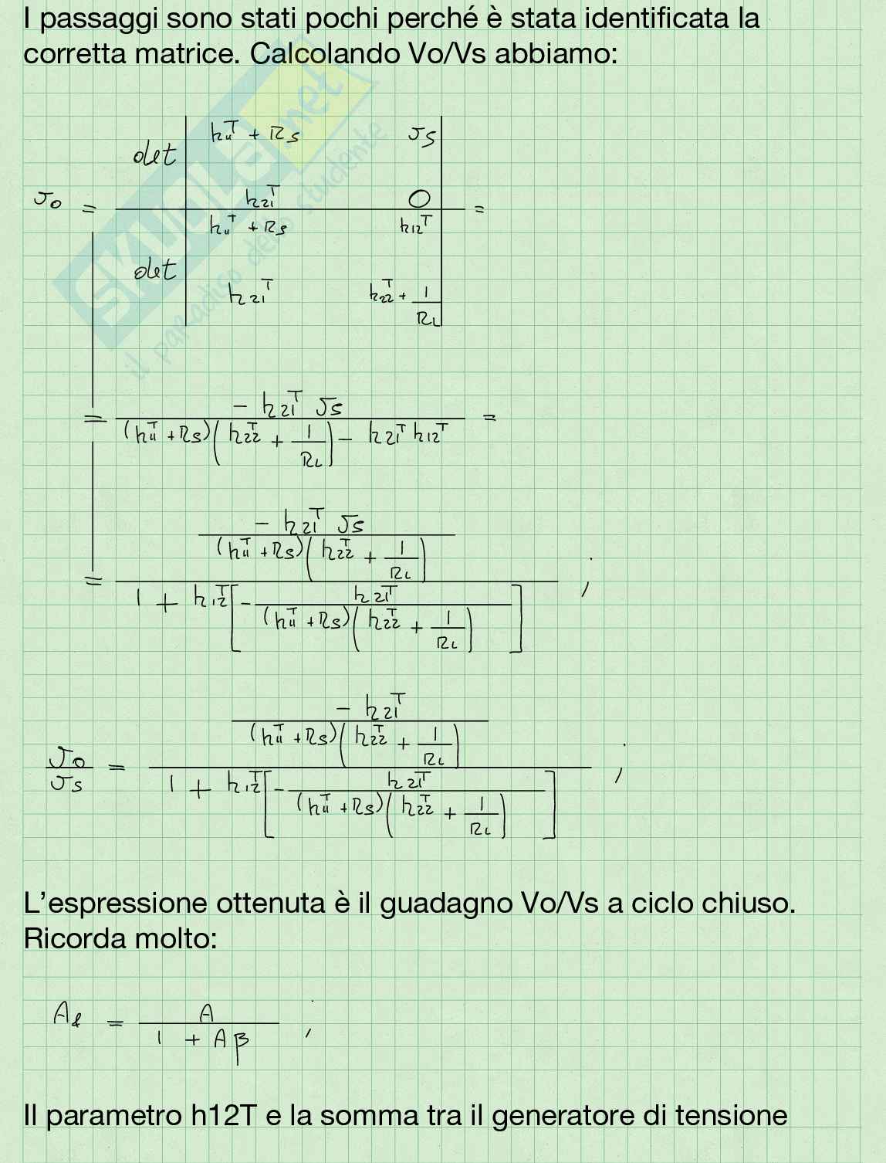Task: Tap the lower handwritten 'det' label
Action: coord(154,270)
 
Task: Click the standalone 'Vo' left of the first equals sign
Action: coord(47,200)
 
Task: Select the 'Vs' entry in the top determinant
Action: coord(422,137)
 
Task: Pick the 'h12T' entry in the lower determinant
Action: coord(416,225)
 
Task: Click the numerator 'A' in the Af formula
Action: coord(206,1012)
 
